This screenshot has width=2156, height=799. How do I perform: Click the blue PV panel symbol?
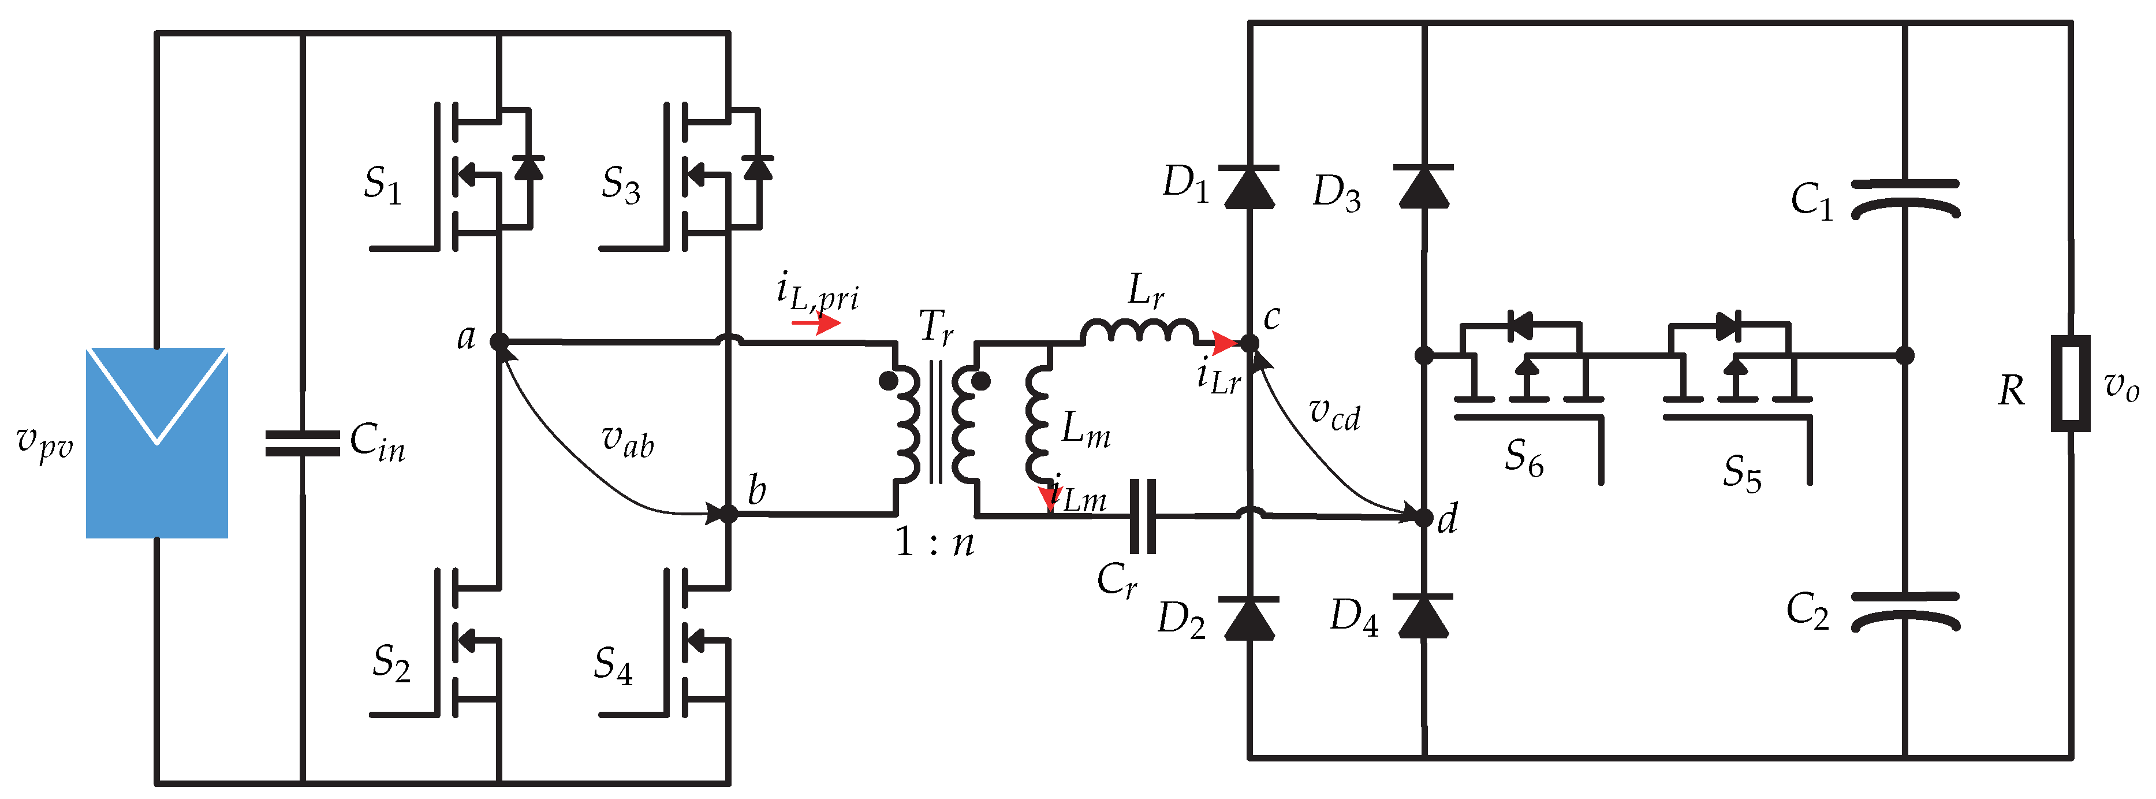pyautogui.click(x=156, y=442)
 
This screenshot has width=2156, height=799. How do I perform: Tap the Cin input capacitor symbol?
pyautogui.click(x=302, y=443)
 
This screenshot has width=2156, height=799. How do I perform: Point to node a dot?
pyautogui.click(x=499, y=341)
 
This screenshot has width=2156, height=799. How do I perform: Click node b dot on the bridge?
pyautogui.click(x=729, y=514)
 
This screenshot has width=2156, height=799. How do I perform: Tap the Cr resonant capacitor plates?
pyautogui.click(x=1143, y=516)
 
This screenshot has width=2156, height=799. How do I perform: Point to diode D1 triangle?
pyautogui.click(x=1249, y=188)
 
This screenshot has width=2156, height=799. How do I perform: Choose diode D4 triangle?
pyautogui.click(x=1424, y=616)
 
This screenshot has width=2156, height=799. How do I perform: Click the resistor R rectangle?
pyautogui.click(x=2071, y=384)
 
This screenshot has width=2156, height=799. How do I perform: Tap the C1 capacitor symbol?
pyautogui.click(x=1905, y=199)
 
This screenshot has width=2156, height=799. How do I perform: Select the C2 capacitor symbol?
pyautogui.click(x=1905, y=611)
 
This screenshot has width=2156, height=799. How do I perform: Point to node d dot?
pyautogui.click(x=1424, y=518)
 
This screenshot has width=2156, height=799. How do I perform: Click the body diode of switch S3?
pyautogui.click(x=758, y=168)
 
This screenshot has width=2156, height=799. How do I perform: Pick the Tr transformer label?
pyautogui.click(x=936, y=326)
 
